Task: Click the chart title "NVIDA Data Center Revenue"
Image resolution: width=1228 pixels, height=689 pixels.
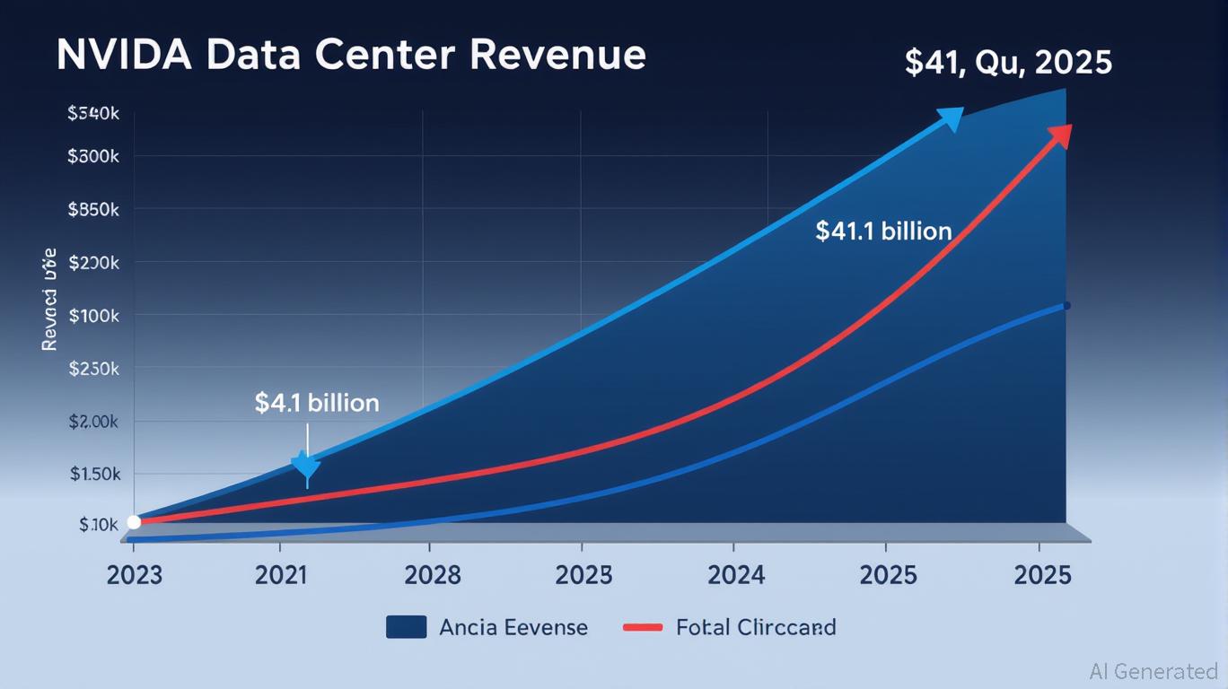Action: pyautogui.click(x=350, y=55)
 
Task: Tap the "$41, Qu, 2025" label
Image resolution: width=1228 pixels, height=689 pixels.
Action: pyautogui.click(x=1008, y=62)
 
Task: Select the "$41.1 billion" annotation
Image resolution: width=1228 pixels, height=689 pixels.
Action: pyautogui.click(x=883, y=231)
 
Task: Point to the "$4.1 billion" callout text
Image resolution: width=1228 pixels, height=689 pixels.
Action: pyautogui.click(x=317, y=403)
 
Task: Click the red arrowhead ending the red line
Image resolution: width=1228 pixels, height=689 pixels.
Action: pyautogui.click(x=1060, y=135)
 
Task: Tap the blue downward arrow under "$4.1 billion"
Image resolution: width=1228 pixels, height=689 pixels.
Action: pyautogui.click(x=306, y=465)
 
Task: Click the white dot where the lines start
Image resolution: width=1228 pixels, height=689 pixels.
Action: pyautogui.click(x=134, y=522)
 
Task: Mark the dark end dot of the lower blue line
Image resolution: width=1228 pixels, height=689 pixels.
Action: pyautogui.click(x=1066, y=306)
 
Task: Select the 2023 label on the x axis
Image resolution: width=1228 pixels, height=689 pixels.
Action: pyautogui.click(x=135, y=575)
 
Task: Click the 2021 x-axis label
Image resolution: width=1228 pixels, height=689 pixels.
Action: pyautogui.click(x=281, y=575)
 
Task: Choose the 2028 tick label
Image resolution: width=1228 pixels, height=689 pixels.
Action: pyautogui.click(x=433, y=575)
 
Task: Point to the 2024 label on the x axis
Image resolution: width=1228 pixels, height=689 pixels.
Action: pyautogui.click(x=736, y=575)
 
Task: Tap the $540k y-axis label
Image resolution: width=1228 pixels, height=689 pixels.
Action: pyautogui.click(x=93, y=114)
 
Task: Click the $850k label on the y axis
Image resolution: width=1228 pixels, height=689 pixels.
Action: pyautogui.click(x=93, y=210)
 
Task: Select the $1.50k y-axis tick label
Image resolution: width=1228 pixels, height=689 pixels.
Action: pyautogui.click(x=95, y=474)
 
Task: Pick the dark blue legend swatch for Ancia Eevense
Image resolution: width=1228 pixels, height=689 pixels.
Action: pyautogui.click(x=406, y=627)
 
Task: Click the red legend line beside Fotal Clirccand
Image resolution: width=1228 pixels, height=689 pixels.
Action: pyautogui.click(x=642, y=627)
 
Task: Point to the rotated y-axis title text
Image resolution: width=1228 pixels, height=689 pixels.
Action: pyautogui.click(x=49, y=299)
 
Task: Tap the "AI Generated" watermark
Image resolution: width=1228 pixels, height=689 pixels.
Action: pyautogui.click(x=1153, y=671)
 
